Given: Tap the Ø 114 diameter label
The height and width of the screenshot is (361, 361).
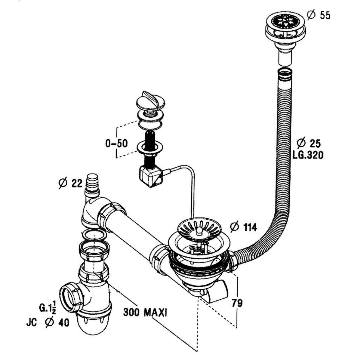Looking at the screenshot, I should [x=243, y=227].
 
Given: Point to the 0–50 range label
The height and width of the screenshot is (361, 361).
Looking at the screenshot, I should [x=116, y=143].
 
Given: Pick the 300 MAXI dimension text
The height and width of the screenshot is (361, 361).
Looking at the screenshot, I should [x=145, y=312].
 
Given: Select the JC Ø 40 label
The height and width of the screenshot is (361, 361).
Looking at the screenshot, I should [x=48, y=323].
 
